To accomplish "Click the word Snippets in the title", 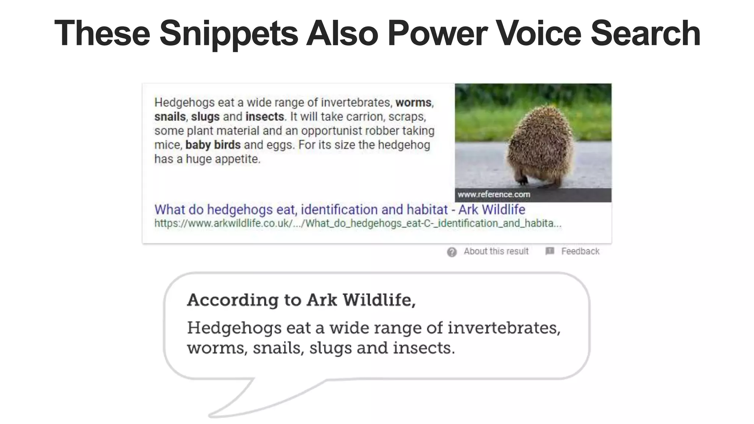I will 229,34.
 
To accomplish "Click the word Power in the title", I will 437,34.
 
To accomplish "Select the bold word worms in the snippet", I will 413,102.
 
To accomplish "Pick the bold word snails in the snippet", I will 170,117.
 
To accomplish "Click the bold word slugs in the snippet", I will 205,117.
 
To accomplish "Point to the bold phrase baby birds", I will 213,145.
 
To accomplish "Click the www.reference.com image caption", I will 494,194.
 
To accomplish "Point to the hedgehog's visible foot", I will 522,181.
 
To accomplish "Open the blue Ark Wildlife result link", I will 339,209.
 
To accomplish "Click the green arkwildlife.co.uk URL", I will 357,223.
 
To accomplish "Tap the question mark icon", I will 452,252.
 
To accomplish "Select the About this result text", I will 496,251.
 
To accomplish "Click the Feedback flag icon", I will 550,251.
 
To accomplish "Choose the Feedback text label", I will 580,251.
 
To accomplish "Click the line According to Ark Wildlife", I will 301,300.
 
